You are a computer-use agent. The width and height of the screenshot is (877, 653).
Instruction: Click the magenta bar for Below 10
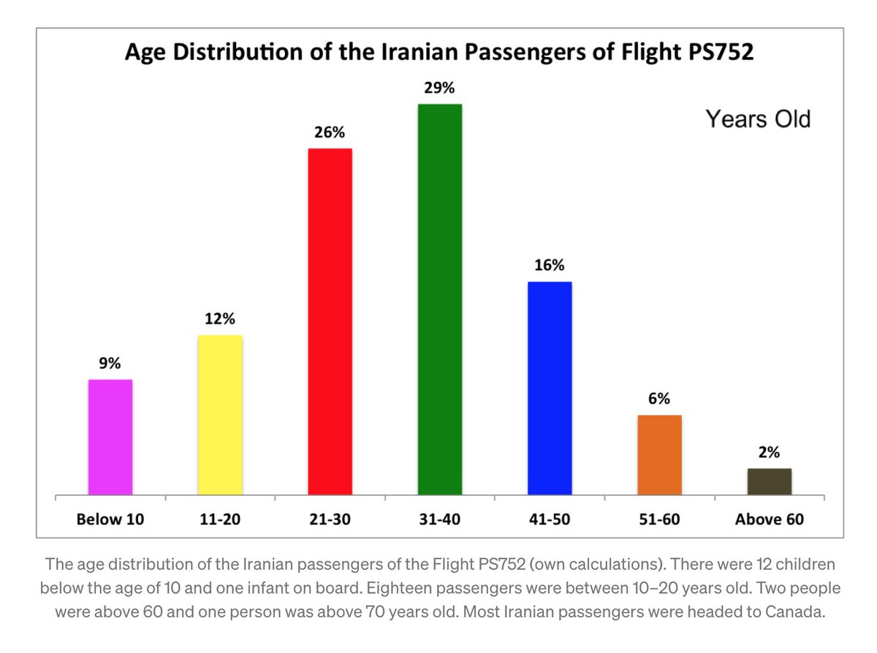point(110,437)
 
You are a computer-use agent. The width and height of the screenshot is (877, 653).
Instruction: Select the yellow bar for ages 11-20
point(220,415)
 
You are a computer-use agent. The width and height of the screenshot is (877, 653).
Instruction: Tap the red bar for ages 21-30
point(330,321)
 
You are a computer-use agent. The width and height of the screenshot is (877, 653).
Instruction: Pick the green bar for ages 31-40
point(439,299)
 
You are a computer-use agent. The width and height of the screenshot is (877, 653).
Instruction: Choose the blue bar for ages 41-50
point(549,388)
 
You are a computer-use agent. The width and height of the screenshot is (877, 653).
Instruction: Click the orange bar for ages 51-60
point(659,454)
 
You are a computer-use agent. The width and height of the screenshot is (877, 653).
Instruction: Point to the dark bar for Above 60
point(769,481)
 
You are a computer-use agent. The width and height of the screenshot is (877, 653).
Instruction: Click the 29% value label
point(439,88)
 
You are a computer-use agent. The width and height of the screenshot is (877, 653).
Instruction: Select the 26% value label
point(330,133)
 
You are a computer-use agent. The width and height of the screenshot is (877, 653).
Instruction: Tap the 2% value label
point(769,453)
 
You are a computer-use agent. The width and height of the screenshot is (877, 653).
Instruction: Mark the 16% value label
point(549,266)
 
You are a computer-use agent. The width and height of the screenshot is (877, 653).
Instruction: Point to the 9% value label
point(110,364)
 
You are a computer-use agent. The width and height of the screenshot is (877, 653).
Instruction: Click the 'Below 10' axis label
point(110,520)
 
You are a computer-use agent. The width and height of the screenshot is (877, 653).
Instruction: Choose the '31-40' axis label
point(439,520)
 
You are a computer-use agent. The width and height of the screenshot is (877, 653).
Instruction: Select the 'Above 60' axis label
point(769,520)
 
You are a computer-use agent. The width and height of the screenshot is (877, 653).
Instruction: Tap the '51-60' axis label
point(659,520)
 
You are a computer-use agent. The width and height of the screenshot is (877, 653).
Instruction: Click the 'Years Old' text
point(758,119)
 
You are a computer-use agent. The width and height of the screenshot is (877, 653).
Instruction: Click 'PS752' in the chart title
point(715,53)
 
